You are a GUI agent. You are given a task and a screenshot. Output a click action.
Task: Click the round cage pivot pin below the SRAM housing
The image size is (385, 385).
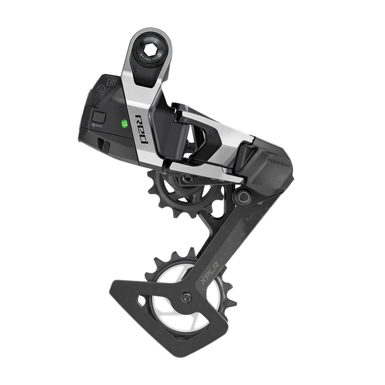click(243, 194)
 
